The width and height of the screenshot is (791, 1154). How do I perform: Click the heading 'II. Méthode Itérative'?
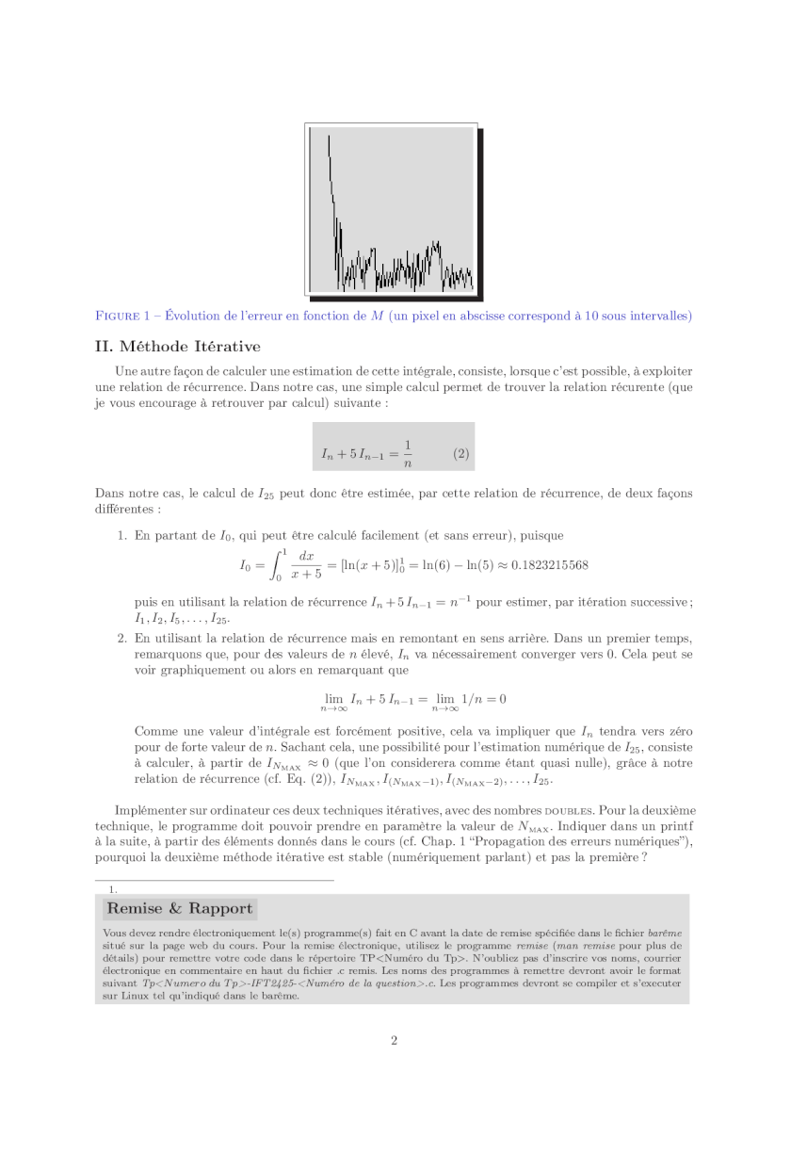click(x=178, y=347)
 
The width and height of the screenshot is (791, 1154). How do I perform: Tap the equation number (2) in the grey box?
click(x=460, y=453)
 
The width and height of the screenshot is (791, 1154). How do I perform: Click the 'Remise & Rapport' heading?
click(x=180, y=909)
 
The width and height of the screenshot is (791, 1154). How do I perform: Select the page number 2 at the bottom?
click(x=395, y=1040)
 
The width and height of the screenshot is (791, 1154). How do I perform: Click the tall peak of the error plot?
click(x=329, y=151)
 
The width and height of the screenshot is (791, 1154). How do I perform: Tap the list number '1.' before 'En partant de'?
click(x=122, y=536)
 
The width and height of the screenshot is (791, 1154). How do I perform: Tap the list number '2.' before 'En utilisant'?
click(x=122, y=638)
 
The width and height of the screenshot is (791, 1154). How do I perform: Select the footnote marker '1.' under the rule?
click(x=113, y=888)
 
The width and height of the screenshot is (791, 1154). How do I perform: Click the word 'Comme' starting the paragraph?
click(x=153, y=731)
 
